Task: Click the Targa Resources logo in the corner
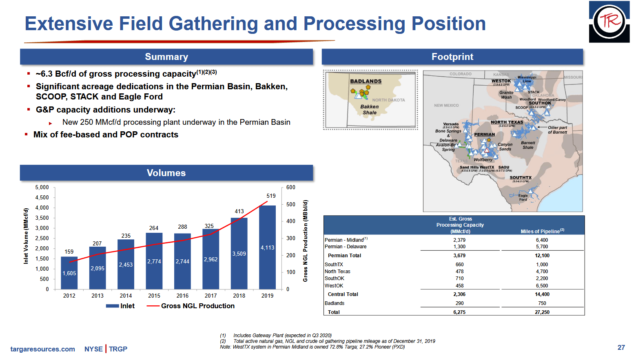pos(609,22)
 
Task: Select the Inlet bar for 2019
pos(267,247)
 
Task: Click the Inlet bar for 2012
pos(69,273)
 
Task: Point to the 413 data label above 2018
pos(239,211)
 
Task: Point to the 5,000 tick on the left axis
pos(42,188)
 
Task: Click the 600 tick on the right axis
pos(290,188)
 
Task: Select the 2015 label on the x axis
pos(154,296)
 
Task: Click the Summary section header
pos(166,57)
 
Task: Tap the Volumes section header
pos(166,173)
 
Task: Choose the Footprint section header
pos(452,57)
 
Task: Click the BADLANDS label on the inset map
pos(366,81)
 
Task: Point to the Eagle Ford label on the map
pos(523,198)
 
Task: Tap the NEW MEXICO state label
pos(446,105)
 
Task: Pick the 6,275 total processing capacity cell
pos(459,312)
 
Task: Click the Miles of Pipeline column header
pos(542,231)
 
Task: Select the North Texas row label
pos(337,272)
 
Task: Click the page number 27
pos(621,347)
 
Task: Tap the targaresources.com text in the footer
pos(43,349)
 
